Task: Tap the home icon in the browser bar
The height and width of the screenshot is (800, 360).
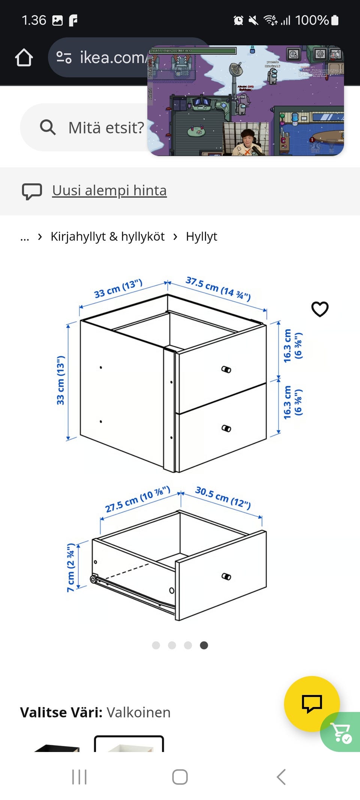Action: [x=24, y=57]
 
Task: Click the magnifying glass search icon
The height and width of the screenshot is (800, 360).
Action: [x=48, y=127]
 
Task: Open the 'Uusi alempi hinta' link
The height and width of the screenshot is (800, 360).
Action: [x=109, y=191]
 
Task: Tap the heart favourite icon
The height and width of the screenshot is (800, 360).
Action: [x=320, y=309]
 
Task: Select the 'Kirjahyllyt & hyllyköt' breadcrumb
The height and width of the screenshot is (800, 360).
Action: [x=107, y=237]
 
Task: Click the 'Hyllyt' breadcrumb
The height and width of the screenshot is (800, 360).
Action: [x=201, y=237]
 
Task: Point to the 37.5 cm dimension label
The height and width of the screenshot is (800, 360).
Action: [x=218, y=288]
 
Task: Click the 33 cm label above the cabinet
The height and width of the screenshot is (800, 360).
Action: [x=118, y=288]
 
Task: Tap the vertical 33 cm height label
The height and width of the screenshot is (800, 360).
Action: [x=60, y=380]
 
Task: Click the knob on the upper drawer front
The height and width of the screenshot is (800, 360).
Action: [x=226, y=369]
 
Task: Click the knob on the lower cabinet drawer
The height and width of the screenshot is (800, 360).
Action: [x=226, y=428]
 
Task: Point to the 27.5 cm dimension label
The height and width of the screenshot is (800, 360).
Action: [x=137, y=499]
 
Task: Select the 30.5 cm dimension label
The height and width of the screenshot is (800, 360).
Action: [x=223, y=497]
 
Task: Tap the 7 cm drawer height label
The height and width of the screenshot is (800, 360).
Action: [x=71, y=567]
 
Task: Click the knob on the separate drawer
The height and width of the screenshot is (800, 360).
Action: [x=226, y=576]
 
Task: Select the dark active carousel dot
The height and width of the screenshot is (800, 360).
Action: [x=204, y=645]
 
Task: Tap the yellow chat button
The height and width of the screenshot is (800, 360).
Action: [x=312, y=704]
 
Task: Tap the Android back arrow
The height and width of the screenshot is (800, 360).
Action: [x=281, y=777]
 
